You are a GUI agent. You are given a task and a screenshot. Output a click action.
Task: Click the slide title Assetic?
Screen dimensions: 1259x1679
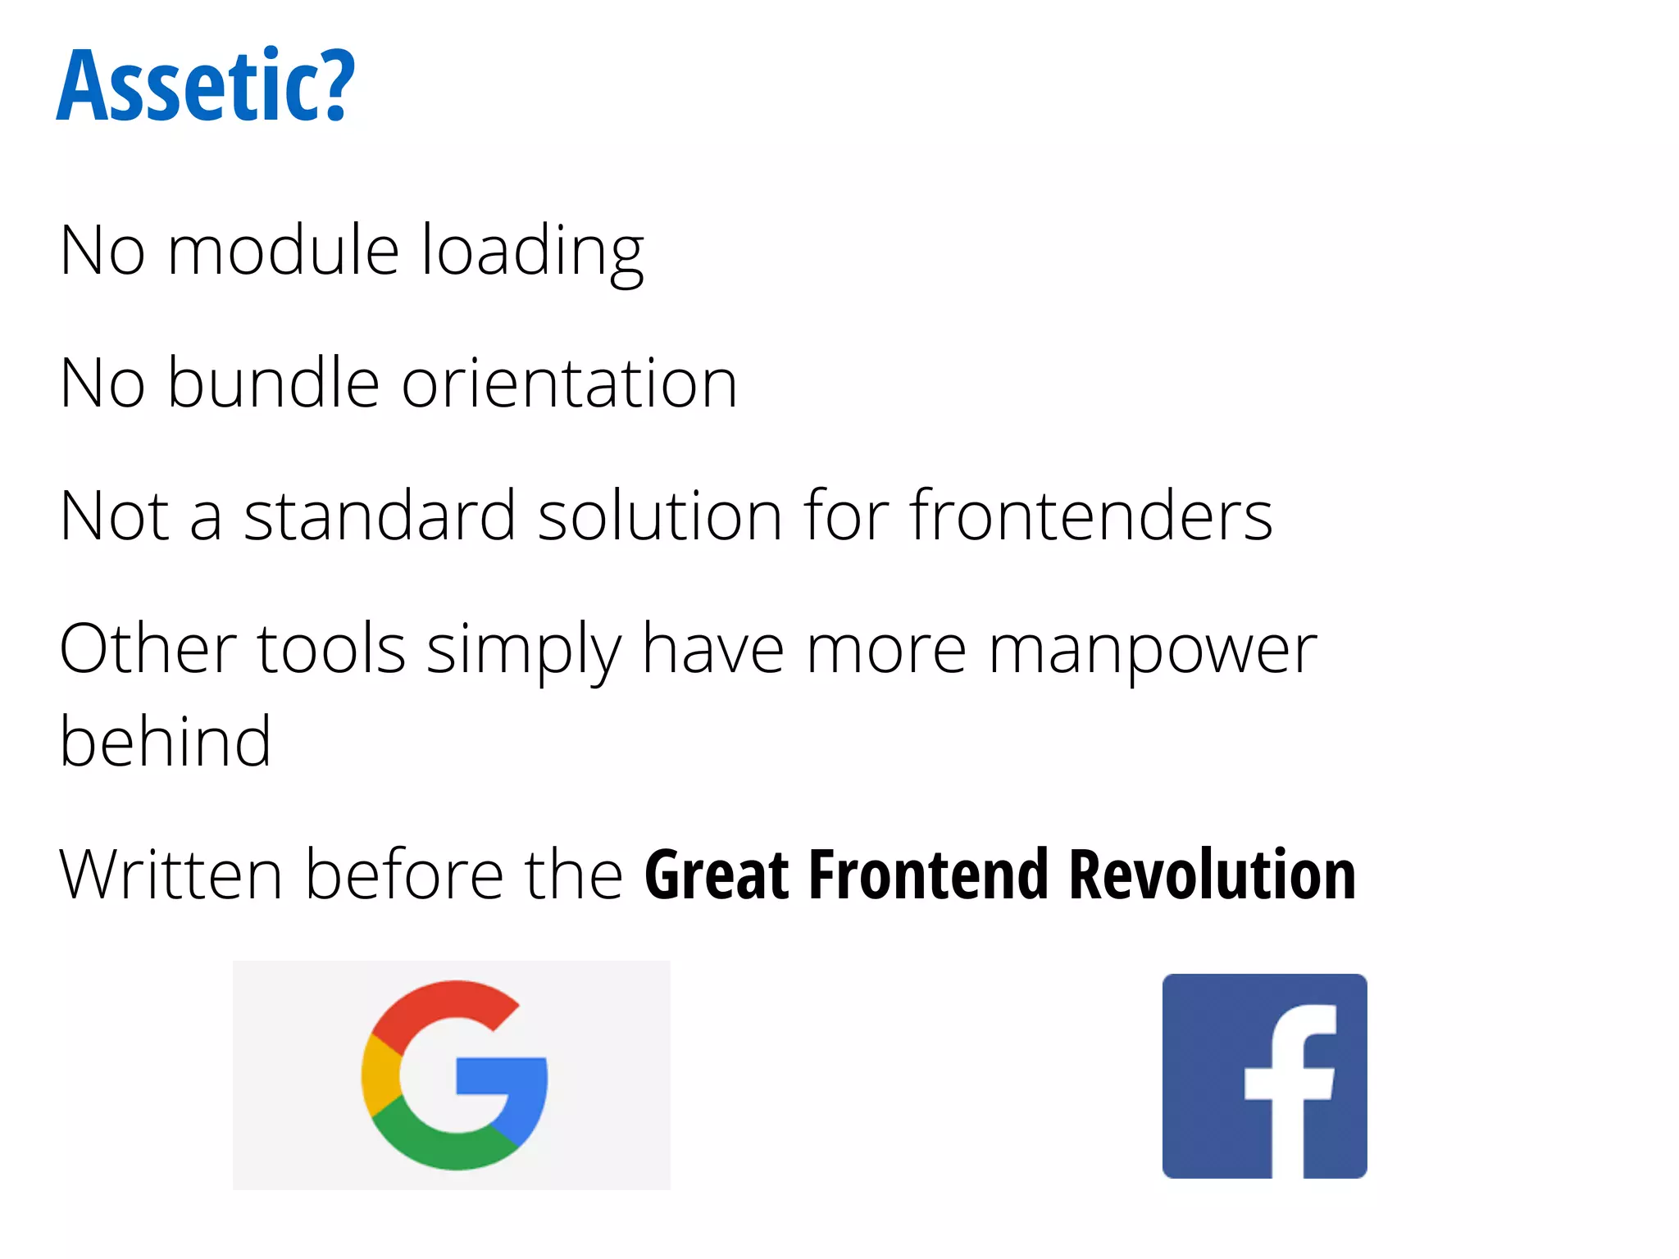[x=206, y=85]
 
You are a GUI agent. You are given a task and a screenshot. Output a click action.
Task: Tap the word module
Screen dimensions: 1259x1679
[x=283, y=250]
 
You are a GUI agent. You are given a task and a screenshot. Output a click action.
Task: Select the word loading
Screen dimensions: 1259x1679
[x=532, y=252]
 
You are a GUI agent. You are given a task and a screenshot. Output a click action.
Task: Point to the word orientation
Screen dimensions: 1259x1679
[x=569, y=383]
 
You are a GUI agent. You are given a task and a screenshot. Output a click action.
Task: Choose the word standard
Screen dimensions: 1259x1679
[x=380, y=516]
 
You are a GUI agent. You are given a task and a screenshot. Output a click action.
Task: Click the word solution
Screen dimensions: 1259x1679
[x=660, y=516]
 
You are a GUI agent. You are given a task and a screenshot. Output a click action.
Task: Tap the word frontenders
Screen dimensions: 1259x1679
[x=1091, y=516]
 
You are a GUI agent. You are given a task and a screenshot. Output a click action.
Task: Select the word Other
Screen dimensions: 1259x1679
[x=148, y=649]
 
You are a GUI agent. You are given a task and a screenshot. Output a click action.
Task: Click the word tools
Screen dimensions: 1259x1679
[x=331, y=649]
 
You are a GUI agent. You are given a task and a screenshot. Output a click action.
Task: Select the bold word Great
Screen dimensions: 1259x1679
[x=717, y=875]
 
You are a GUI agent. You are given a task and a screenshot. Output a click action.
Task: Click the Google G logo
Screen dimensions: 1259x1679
[x=453, y=1075]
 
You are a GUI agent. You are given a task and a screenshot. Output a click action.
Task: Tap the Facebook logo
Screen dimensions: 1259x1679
[x=1264, y=1075]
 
